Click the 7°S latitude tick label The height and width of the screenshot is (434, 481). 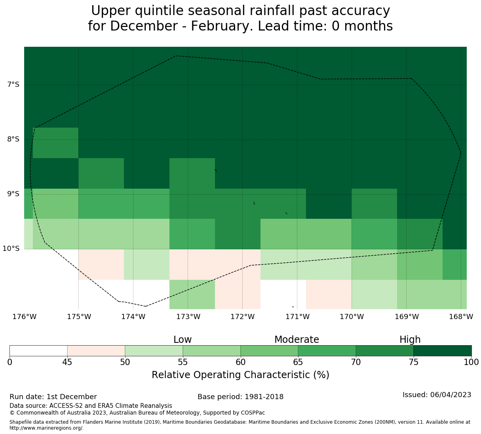[x=13, y=85]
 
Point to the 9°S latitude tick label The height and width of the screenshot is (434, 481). [x=13, y=194]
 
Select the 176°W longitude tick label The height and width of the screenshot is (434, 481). [x=25, y=317]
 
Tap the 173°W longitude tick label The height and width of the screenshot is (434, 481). [x=188, y=317]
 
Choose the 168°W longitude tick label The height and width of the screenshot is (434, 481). [x=461, y=317]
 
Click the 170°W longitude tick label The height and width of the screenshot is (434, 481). [x=352, y=317]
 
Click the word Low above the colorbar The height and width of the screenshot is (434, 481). [x=183, y=340]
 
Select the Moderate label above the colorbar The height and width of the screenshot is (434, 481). [x=297, y=340]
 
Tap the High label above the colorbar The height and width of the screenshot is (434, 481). [x=410, y=340]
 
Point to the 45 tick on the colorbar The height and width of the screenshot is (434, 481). [x=67, y=362]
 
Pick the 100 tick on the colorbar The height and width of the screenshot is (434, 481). [x=471, y=362]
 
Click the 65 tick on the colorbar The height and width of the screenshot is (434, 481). [x=298, y=362]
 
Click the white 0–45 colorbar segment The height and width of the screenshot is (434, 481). [x=38, y=351]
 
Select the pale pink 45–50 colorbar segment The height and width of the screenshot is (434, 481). [x=96, y=351]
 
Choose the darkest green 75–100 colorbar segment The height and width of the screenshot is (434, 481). [x=442, y=351]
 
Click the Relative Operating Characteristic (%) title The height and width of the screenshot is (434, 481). [x=240, y=375]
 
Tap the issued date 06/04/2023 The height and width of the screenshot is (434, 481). [x=451, y=395]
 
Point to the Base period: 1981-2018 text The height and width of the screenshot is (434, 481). [x=240, y=397]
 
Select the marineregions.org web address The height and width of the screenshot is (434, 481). [x=46, y=428]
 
